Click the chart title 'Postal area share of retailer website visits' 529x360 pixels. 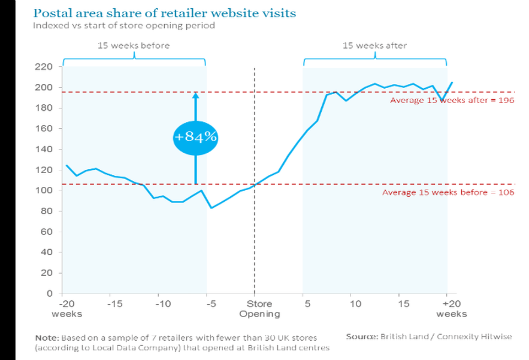coord(165,13)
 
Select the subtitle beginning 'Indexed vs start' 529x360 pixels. coord(124,26)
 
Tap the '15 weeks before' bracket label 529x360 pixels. coord(133,46)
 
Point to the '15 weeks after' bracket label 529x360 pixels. coord(375,46)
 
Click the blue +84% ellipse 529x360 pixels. coord(195,138)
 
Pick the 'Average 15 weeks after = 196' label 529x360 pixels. coord(452,100)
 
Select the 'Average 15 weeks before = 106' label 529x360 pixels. coord(448,192)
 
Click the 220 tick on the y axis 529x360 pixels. coord(44,67)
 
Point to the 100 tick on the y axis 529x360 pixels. coord(44,190)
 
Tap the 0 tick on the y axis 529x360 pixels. coord(50,293)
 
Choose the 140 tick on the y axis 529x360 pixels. coord(44,149)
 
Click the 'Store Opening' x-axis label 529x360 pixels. coord(260,309)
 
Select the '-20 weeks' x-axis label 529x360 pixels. coord(67,309)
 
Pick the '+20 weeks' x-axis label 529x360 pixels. coord(451,309)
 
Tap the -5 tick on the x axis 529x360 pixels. coord(211,304)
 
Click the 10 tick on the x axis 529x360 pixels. coord(355,304)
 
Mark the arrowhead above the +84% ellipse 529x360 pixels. coord(195,95)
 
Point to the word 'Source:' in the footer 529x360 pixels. coord(362,336)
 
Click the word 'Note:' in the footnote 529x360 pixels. coord(47,338)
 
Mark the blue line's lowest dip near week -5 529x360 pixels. coord(211,208)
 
